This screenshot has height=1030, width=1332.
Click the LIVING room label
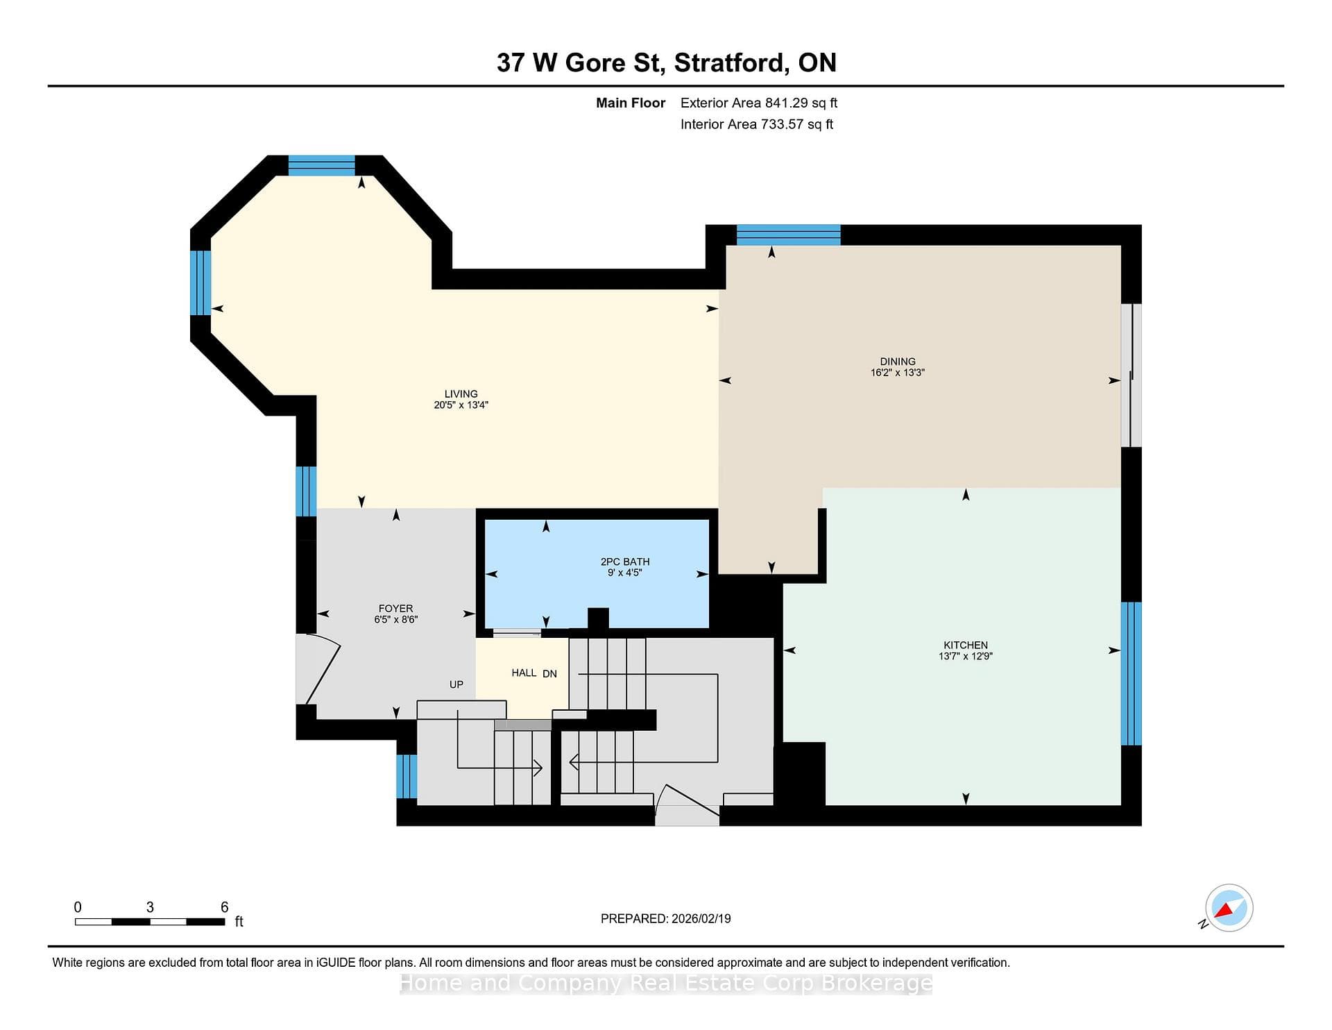click(461, 394)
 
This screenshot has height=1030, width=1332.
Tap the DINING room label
click(898, 361)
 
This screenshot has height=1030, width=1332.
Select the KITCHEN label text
click(966, 645)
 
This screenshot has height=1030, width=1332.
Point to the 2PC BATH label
click(625, 562)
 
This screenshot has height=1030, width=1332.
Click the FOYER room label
click(395, 608)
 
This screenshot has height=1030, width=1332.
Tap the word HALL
click(524, 673)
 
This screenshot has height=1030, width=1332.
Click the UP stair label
click(456, 684)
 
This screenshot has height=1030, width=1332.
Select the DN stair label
click(549, 673)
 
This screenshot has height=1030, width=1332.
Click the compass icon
click(1229, 908)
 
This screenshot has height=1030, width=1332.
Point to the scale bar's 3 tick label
click(150, 907)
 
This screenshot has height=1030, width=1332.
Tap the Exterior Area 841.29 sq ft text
click(759, 103)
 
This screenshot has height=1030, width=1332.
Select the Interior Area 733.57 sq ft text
click(757, 124)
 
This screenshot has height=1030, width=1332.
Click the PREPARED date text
click(666, 918)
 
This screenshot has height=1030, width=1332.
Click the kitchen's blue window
click(1132, 673)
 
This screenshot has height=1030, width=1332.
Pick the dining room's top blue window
click(789, 235)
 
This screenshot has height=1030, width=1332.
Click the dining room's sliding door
click(1132, 375)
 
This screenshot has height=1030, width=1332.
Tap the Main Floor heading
click(631, 103)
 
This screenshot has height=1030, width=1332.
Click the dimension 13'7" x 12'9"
click(966, 656)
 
